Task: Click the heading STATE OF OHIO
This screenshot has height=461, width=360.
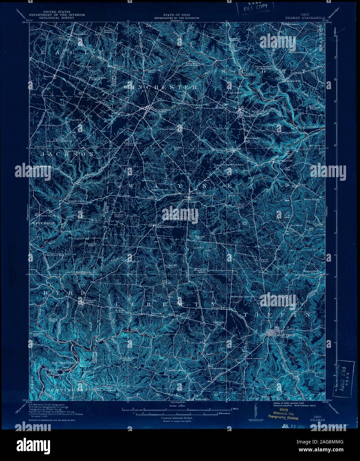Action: [176, 15]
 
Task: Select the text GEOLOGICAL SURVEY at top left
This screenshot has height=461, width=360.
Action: [56, 18]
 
